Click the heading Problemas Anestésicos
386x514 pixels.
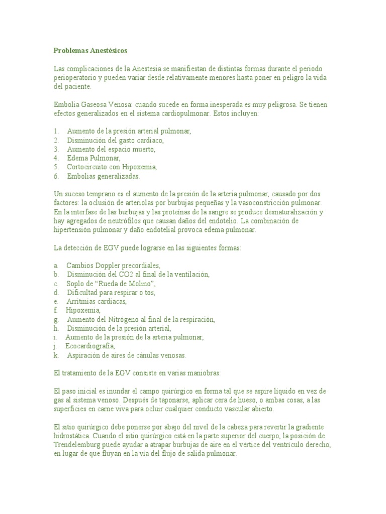90,50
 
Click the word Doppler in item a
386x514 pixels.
111,265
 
